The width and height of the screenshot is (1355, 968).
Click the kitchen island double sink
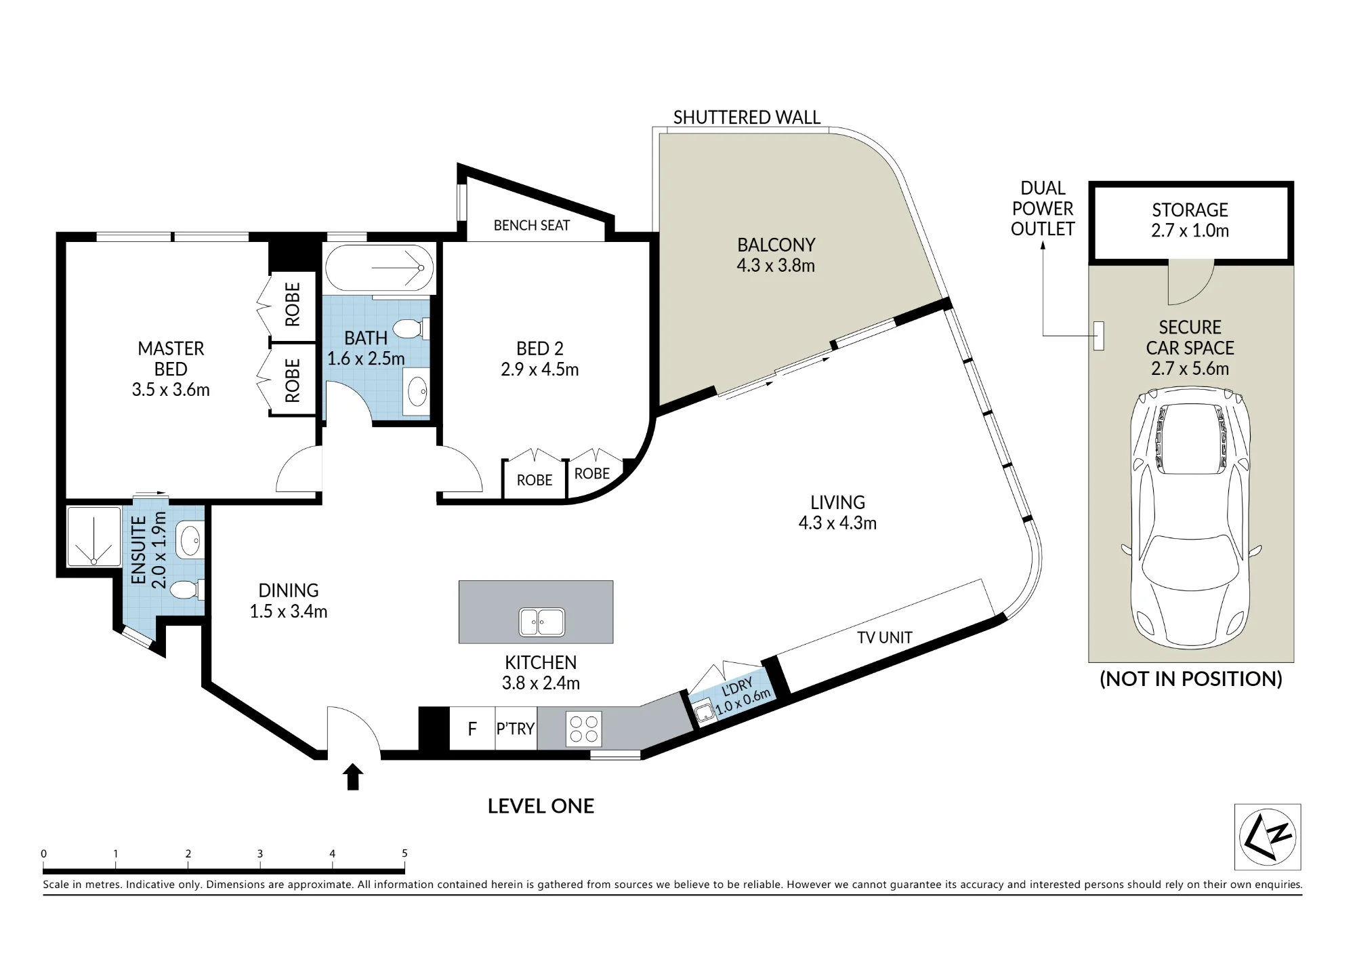[542, 622]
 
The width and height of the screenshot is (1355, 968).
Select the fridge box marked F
[472, 729]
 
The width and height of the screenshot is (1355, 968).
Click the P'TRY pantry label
[516, 729]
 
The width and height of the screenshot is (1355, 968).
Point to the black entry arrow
[353, 777]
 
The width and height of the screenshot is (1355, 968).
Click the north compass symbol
[1268, 836]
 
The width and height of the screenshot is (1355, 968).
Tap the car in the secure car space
[1190, 517]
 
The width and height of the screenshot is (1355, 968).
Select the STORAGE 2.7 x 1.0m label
[1190, 220]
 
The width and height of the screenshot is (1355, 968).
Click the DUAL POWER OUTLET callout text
[1043, 208]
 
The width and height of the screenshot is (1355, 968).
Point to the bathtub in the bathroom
[379, 268]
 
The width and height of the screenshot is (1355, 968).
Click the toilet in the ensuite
[187, 590]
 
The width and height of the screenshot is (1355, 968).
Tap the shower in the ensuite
[93, 537]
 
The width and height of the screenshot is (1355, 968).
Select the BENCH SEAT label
[532, 225]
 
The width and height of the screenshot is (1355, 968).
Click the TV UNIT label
[885, 637]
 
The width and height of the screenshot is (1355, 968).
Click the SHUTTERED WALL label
[747, 117]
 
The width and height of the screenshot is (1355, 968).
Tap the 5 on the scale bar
[404, 853]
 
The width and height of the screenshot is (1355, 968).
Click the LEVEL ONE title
[541, 806]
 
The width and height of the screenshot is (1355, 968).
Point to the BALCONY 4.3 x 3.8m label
[776, 255]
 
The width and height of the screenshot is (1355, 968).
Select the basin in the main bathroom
[417, 391]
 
